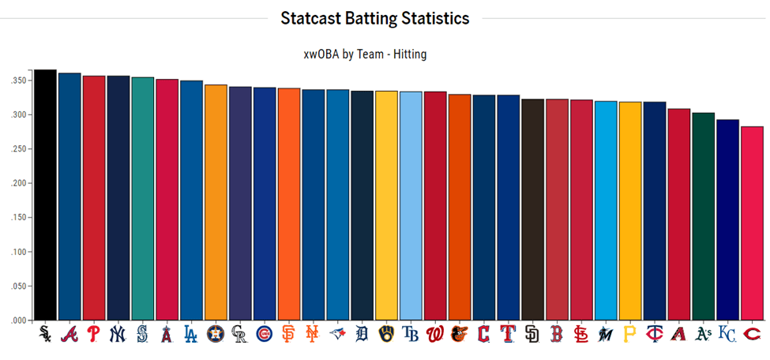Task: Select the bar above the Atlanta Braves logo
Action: coord(69,197)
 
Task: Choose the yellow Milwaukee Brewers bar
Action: coord(386,206)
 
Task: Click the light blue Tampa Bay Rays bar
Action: coord(411,206)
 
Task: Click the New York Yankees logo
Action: coord(118,334)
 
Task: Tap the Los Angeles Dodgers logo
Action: coord(191,334)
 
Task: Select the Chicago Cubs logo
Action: coord(265,334)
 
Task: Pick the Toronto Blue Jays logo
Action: coord(337,334)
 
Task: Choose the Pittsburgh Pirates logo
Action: coord(630,334)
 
